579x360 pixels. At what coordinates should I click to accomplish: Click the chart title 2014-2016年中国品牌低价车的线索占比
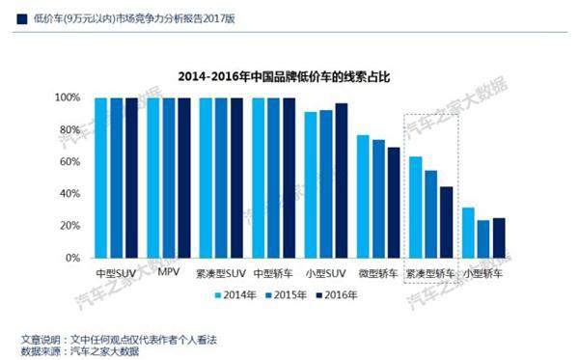point(290,75)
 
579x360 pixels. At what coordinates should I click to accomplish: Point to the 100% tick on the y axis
point(67,98)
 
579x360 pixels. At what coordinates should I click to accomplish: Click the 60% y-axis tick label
point(69,162)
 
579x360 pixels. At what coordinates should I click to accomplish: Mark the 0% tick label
point(72,259)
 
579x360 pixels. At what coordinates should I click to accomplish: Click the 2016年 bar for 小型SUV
point(341,180)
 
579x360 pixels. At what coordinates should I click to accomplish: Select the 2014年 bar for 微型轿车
point(363,197)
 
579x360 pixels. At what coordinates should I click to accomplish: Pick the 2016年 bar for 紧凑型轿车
point(447,223)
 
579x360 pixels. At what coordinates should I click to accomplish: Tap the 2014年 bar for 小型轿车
point(468,234)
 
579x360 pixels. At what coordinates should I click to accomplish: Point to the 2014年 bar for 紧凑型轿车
point(416,208)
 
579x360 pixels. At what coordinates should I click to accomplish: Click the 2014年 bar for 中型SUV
point(100,179)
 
